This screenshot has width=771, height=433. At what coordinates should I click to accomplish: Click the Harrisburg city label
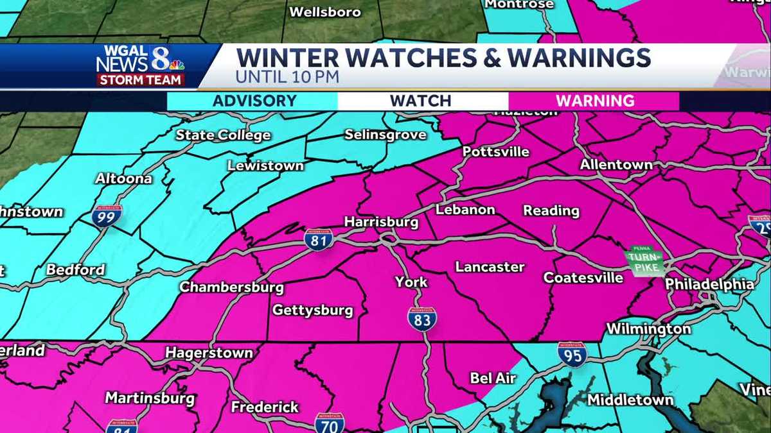(381, 222)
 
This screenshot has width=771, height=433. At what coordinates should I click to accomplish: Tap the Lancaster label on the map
(490, 267)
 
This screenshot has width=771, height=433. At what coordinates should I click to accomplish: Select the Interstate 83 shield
(421, 318)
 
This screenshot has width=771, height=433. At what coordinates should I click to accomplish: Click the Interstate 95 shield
(572, 354)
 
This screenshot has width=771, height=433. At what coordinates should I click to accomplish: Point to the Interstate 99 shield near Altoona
(107, 216)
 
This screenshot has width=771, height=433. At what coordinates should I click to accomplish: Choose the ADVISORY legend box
(254, 101)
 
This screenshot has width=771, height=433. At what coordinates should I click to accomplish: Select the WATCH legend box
(421, 101)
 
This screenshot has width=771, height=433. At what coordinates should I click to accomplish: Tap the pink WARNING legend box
(594, 101)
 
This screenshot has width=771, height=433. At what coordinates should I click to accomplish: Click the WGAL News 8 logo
(141, 65)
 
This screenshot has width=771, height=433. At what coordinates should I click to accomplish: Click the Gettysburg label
(313, 310)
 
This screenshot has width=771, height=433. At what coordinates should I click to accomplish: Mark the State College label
(223, 135)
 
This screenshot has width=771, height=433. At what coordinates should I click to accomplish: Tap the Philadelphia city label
(709, 284)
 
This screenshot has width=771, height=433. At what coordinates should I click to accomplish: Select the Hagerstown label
(209, 353)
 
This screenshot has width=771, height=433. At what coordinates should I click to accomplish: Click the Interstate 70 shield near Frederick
(329, 423)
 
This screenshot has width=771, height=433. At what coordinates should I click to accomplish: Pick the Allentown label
(616, 165)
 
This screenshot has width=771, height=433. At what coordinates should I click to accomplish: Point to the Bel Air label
(493, 378)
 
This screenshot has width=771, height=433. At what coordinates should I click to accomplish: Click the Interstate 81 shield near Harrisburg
(319, 240)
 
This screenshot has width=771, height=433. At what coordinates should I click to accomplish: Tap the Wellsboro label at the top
(324, 12)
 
